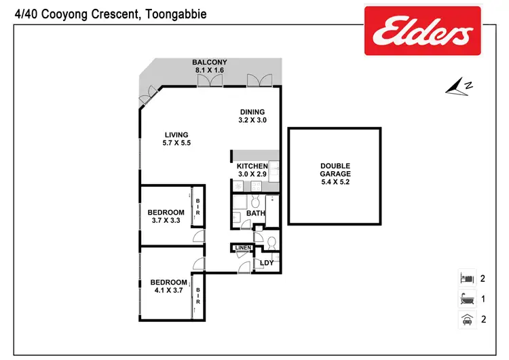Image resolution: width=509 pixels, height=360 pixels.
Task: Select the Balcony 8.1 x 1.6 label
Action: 209,66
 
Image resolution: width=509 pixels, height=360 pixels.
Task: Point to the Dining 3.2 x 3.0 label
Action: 252,116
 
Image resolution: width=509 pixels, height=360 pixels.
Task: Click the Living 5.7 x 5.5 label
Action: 175,139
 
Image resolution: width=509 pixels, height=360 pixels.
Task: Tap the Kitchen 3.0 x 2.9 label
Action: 252,170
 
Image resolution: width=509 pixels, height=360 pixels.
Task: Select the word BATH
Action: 255,213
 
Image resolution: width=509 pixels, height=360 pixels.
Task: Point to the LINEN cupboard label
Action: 242,248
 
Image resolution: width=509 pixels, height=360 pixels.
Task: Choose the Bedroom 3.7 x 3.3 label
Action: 166,216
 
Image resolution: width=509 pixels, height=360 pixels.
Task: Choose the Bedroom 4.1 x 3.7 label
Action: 168,286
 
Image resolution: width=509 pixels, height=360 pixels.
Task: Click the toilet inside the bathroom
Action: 255,202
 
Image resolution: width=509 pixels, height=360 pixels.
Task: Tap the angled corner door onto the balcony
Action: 147,97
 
